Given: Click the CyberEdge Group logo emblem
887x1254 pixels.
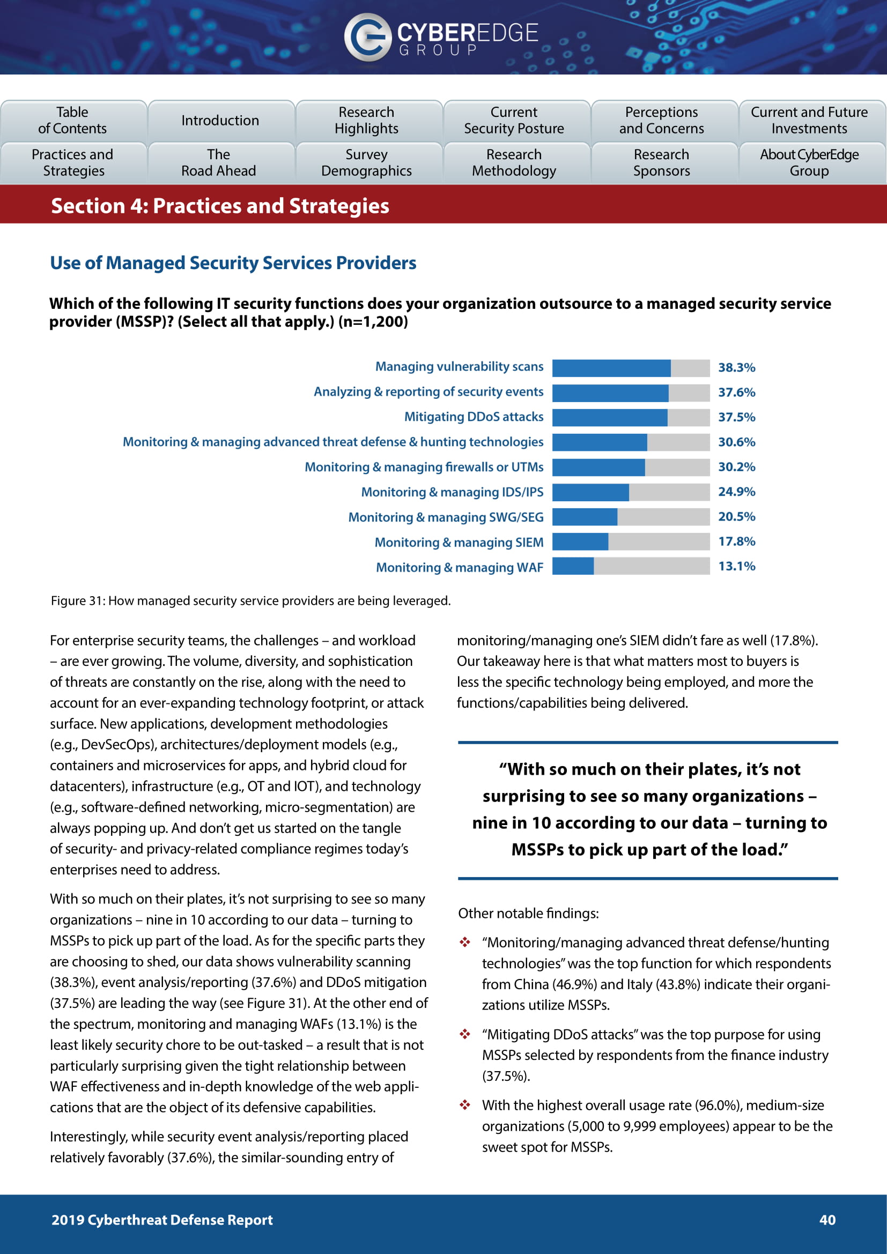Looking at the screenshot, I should tap(367, 37).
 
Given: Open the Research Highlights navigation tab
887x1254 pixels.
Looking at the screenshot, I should tap(366, 120).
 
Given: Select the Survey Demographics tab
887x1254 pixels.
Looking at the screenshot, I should tap(366, 163).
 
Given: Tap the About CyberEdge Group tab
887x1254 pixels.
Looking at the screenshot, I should tap(809, 163).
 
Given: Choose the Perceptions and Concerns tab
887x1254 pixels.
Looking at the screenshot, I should tap(661, 120).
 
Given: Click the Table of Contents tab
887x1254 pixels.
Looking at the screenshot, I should tap(72, 120).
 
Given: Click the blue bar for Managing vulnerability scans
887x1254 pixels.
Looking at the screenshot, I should tap(611, 368).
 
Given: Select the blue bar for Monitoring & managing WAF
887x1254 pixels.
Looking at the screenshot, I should tap(573, 566).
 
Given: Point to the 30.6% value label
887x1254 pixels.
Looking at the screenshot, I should tap(736, 442).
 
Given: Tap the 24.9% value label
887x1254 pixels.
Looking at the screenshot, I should tap(736, 492).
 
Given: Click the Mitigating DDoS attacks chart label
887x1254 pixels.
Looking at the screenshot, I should tap(474, 417).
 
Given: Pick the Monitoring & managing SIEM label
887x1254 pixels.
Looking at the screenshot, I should tap(459, 543).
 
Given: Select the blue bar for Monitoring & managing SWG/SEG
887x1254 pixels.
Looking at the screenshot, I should tap(585, 517).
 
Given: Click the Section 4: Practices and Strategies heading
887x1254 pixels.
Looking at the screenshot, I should tap(220, 206).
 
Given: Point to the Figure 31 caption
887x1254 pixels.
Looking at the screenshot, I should tap(250, 601).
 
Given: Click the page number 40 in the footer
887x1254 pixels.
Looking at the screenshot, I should tap(827, 1220).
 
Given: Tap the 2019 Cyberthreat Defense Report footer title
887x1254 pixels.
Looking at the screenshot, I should tap(162, 1220).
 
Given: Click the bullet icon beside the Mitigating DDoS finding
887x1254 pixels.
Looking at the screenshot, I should tap(465, 1034).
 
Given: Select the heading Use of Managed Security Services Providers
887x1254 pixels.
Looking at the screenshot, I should tap(233, 263).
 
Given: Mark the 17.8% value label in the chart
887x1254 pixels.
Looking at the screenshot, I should tap(736, 541).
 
